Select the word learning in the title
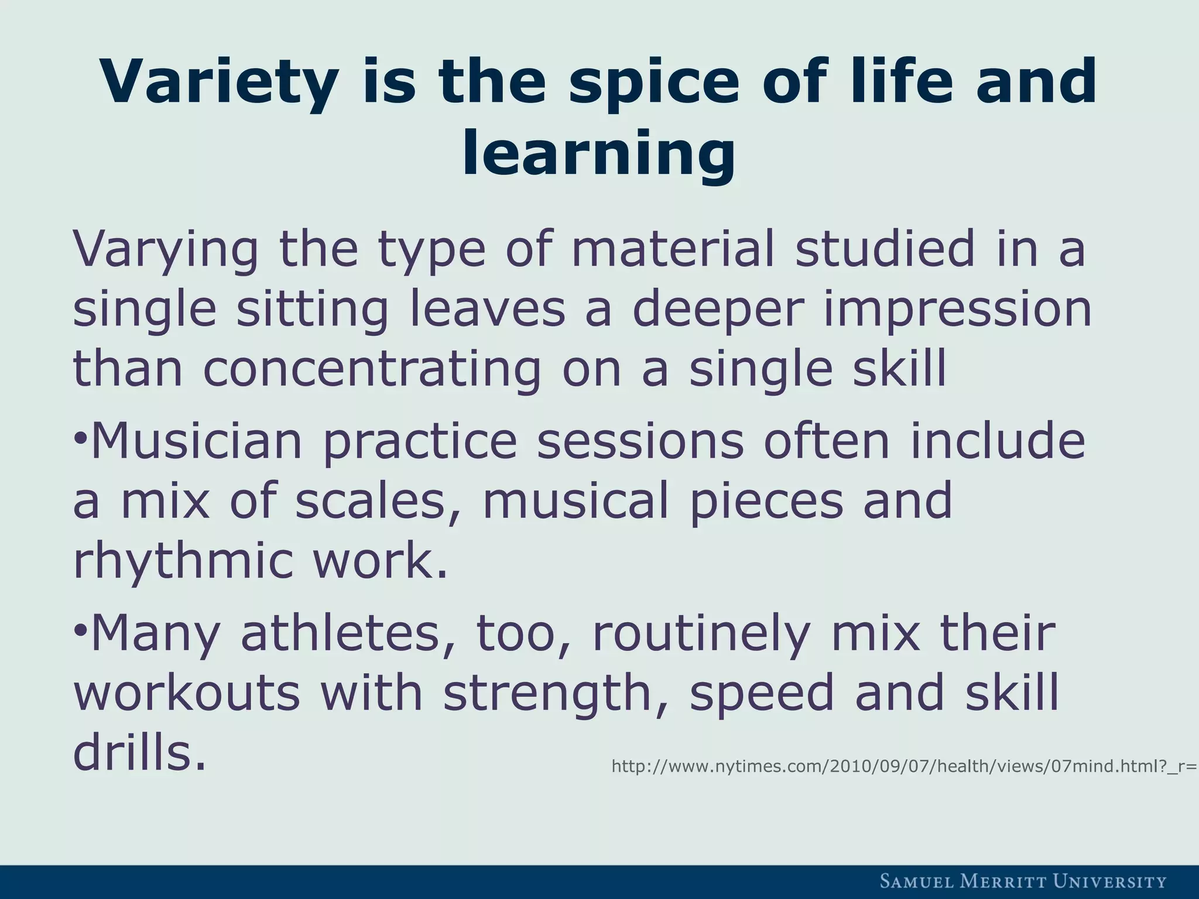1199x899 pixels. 598,153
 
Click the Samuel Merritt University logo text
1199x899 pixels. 1023,881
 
